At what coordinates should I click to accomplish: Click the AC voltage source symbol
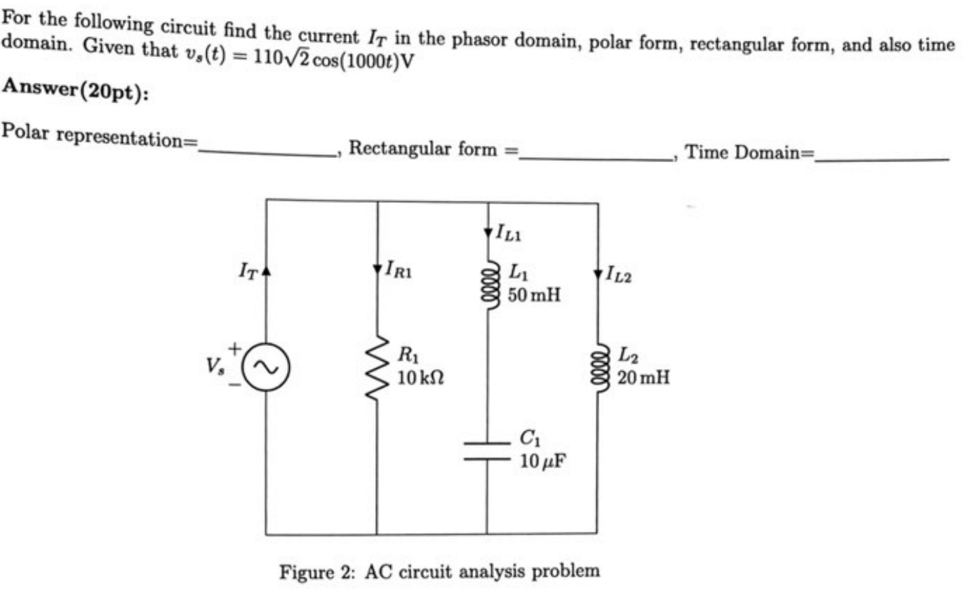click(x=266, y=367)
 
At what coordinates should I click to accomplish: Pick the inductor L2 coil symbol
click(x=598, y=366)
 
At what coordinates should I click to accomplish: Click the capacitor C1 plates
click(x=487, y=450)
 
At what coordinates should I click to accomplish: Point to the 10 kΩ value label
click(x=420, y=378)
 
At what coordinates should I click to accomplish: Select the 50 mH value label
click(x=534, y=295)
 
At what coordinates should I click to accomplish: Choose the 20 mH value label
click(x=643, y=377)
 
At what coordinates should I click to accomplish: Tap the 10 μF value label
click(x=542, y=461)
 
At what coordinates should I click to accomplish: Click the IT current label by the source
click(x=248, y=271)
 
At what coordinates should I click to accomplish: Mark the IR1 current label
click(x=398, y=270)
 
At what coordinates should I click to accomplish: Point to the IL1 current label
click(x=508, y=233)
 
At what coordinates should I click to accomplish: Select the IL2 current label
click(x=618, y=275)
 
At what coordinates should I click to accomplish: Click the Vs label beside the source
click(x=215, y=366)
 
